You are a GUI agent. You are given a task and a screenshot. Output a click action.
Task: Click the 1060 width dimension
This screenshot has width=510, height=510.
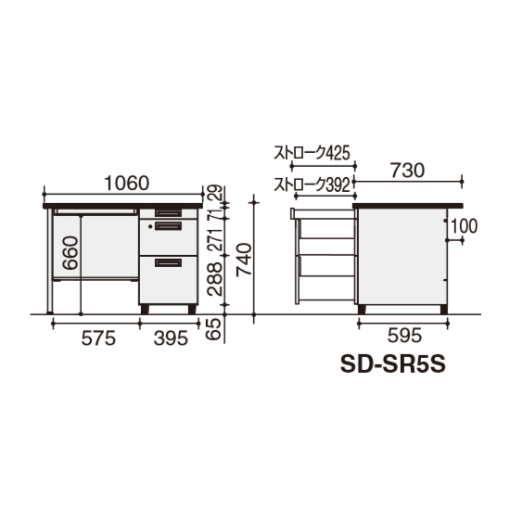click(127, 184)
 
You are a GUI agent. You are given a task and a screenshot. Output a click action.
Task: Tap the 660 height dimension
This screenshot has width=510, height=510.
click(70, 253)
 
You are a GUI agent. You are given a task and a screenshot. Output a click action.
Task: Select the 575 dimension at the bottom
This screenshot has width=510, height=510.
click(98, 338)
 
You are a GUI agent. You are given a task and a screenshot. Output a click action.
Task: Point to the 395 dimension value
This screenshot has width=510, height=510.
click(171, 338)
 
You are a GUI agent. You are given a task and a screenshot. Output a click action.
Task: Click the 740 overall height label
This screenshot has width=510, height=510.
click(244, 260)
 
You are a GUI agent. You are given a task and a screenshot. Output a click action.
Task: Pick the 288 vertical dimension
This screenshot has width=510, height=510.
click(215, 279)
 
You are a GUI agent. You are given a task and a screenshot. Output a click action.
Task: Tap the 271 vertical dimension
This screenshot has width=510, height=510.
click(215, 239)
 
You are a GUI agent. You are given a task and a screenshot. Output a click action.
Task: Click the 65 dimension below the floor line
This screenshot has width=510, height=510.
click(215, 329)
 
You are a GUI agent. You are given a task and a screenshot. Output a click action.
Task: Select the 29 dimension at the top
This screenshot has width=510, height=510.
click(215, 193)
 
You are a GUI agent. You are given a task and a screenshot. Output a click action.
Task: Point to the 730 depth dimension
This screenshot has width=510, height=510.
click(408, 172)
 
